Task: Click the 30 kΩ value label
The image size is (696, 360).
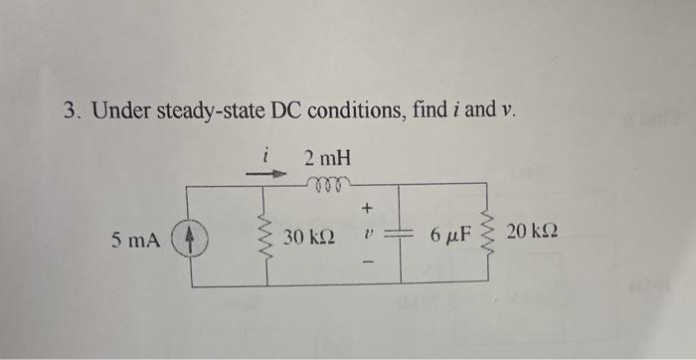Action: tap(308, 240)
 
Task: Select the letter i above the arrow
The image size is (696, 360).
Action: tap(265, 154)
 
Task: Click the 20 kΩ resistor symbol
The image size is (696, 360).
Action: tap(487, 236)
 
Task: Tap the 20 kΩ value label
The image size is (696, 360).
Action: tap(532, 233)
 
